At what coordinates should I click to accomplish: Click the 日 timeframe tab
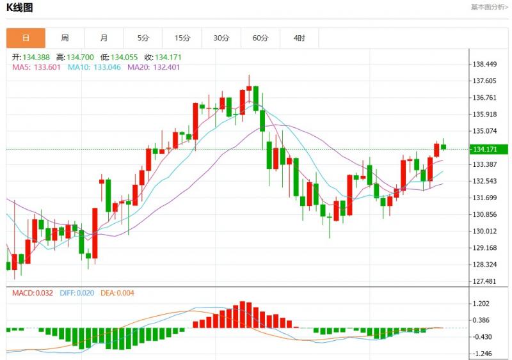(x=26, y=38)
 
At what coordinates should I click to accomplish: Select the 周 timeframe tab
(x=65, y=38)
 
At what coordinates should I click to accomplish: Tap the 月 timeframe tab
(x=104, y=38)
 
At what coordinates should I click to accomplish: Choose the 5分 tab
(x=143, y=38)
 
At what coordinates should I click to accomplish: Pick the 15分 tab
(x=182, y=38)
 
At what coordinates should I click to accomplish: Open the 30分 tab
(x=221, y=38)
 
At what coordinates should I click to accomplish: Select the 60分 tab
(x=260, y=38)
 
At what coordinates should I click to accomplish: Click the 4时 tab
(x=299, y=38)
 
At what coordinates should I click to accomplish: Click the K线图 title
(x=19, y=8)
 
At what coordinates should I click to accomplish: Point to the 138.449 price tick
(x=484, y=64)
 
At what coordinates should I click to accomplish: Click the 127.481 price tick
(x=484, y=281)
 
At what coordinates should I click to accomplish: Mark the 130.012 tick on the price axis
(x=484, y=231)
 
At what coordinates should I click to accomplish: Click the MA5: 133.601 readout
(x=37, y=67)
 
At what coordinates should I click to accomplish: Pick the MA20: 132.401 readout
(x=155, y=67)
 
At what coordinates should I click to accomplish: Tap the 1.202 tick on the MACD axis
(x=482, y=304)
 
